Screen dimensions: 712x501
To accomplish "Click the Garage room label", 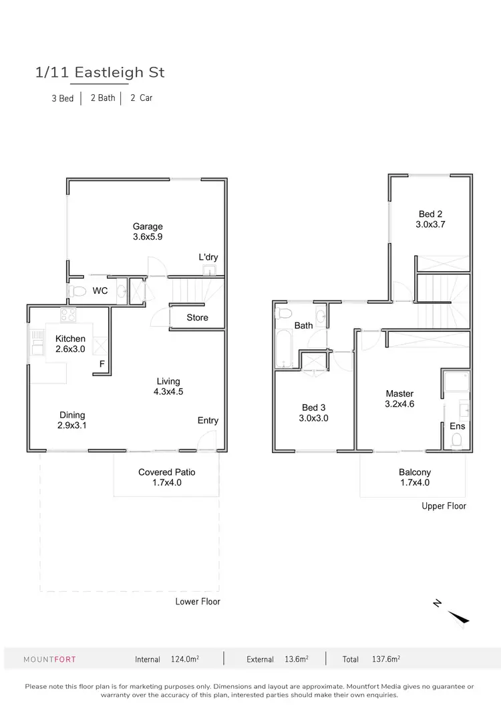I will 148,226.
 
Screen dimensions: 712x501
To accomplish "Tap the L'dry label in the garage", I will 208,257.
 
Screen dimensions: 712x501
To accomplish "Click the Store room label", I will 197,317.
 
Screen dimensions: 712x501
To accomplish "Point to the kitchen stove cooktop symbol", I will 69,316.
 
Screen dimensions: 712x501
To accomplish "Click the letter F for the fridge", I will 102,364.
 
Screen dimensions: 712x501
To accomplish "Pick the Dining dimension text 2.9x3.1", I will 73,425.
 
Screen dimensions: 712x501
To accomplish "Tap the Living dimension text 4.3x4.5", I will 168,392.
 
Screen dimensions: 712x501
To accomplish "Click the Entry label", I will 208,420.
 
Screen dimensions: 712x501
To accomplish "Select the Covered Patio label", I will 167,472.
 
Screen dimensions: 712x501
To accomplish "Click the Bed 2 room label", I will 431,214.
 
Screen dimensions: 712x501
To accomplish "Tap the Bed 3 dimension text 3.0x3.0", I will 314,418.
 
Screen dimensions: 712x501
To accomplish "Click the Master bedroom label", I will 399,393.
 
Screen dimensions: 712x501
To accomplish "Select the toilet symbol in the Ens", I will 457,439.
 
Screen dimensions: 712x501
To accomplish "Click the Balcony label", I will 415,472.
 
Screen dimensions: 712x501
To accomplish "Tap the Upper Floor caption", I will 444,506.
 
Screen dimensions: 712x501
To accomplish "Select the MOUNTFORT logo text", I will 49,659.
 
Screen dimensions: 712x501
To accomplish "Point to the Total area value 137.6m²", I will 385,659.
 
